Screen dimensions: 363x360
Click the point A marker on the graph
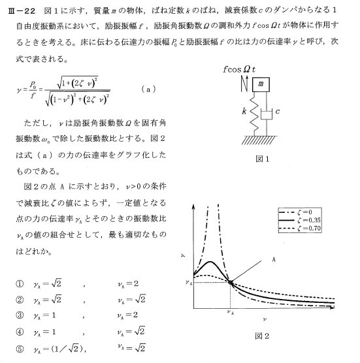pyautogui.click(x=231, y=282)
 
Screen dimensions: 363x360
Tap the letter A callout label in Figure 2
pyautogui.click(x=273, y=259)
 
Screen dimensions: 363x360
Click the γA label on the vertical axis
pyautogui.click(x=188, y=283)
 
